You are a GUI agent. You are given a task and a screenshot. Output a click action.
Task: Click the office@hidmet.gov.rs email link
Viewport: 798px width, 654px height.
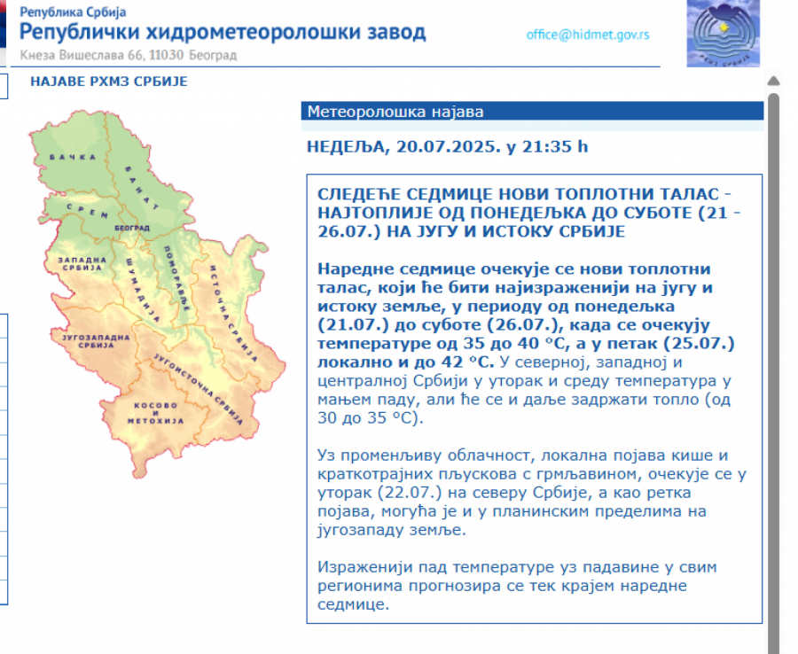pos(588,35)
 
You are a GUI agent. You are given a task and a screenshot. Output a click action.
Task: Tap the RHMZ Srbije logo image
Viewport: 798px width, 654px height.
pos(724,34)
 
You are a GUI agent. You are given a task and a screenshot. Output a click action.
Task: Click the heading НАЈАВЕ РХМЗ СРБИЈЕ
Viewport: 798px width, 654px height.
pos(109,82)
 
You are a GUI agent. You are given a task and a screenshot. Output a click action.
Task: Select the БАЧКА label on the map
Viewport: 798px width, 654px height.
pos(73,157)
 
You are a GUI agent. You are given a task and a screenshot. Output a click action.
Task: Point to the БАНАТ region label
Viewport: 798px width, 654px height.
pos(142,188)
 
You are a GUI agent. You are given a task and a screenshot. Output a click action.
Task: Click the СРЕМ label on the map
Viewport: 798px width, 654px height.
pos(88,211)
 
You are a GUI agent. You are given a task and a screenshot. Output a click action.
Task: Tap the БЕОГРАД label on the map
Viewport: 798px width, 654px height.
pos(132,228)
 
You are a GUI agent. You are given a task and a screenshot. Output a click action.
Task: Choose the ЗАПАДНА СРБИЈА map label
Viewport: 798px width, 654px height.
pos(82,263)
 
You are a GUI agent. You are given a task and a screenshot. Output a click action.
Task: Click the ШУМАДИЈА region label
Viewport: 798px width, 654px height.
pos(143,290)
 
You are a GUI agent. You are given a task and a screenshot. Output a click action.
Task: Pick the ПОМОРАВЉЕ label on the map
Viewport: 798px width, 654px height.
pos(177,278)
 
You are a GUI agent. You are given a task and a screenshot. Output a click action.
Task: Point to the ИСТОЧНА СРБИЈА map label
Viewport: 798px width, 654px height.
pos(233,314)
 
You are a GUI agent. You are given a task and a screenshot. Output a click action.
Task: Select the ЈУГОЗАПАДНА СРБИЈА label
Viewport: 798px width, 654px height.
pos(96,340)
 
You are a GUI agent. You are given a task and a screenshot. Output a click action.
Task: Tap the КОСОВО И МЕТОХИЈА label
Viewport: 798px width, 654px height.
pos(155,413)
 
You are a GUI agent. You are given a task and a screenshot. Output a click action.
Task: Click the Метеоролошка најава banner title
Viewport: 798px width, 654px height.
pos(395,112)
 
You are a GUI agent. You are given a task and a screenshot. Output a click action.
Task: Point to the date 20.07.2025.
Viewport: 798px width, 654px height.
pos(446,146)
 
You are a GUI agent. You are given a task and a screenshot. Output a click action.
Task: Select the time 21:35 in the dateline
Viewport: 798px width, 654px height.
pos(546,146)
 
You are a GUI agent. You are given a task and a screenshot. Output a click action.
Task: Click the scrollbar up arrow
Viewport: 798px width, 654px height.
pos(773,81)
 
